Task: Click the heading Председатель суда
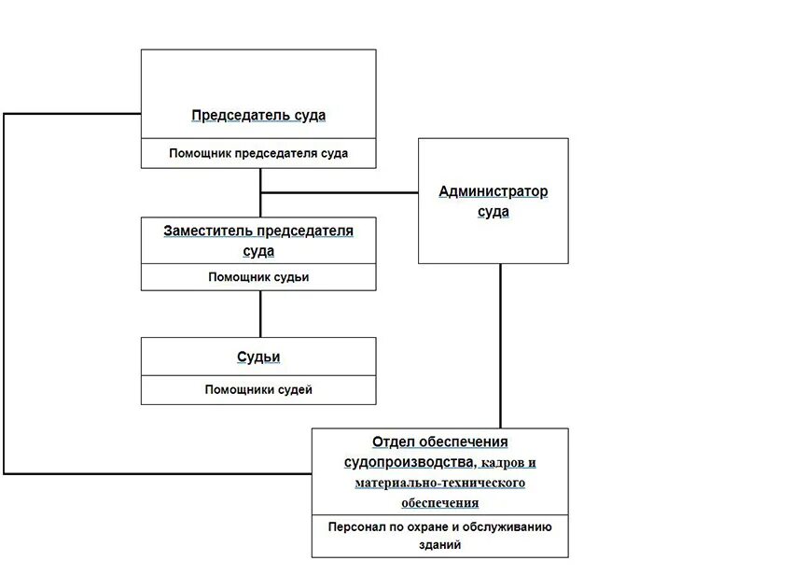[258, 116]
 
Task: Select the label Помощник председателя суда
[258, 154]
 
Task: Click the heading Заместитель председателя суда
[258, 240]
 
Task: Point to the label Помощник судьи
[258, 277]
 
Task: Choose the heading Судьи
[258, 357]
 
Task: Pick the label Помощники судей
[258, 390]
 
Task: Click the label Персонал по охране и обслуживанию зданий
[439, 535]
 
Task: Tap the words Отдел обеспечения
[439, 442]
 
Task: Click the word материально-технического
[439, 483]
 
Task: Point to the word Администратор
[493, 191]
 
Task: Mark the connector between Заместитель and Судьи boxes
[260, 314]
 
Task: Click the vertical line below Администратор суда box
[501, 345]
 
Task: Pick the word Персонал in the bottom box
[354, 526]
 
